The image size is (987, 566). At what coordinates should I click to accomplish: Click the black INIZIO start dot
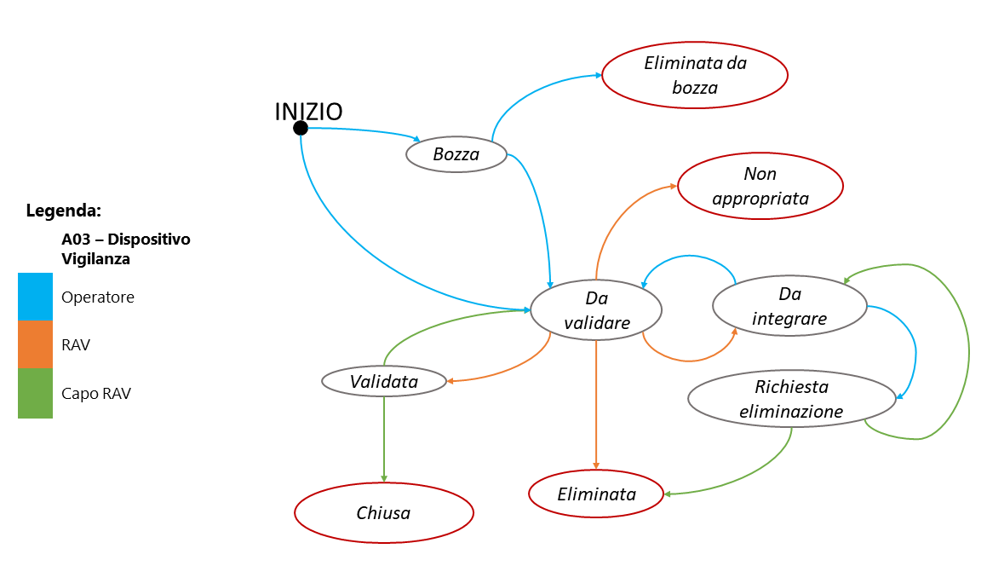(x=301, y=128)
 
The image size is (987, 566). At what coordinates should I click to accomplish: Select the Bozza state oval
(x=456, y=154)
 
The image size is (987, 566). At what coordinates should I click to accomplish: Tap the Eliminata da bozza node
(x=694, y=75)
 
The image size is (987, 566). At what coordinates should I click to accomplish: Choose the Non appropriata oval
(x=760, y=186)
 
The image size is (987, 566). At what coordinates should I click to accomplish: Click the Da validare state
(x=596, y=310)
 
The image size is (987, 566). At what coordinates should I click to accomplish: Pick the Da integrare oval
(x=789, y=305)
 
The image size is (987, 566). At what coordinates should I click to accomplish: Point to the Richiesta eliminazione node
(x=791, y=399)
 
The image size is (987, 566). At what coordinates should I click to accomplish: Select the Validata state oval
(x=384, y=381)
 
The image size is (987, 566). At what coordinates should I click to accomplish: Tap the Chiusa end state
(x=383, y=513)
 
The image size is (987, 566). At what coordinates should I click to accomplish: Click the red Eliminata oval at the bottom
(x=596, y=494)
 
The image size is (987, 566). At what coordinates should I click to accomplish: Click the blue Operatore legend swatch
(x=35, y=297)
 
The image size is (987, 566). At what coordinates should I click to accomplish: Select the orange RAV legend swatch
(x=35, y=344)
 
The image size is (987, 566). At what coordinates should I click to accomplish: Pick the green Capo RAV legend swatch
(x=35, y=393)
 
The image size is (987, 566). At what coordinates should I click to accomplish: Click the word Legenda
(x=63, y=210)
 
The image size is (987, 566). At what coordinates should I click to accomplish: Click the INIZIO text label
(x=308, y=112)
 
